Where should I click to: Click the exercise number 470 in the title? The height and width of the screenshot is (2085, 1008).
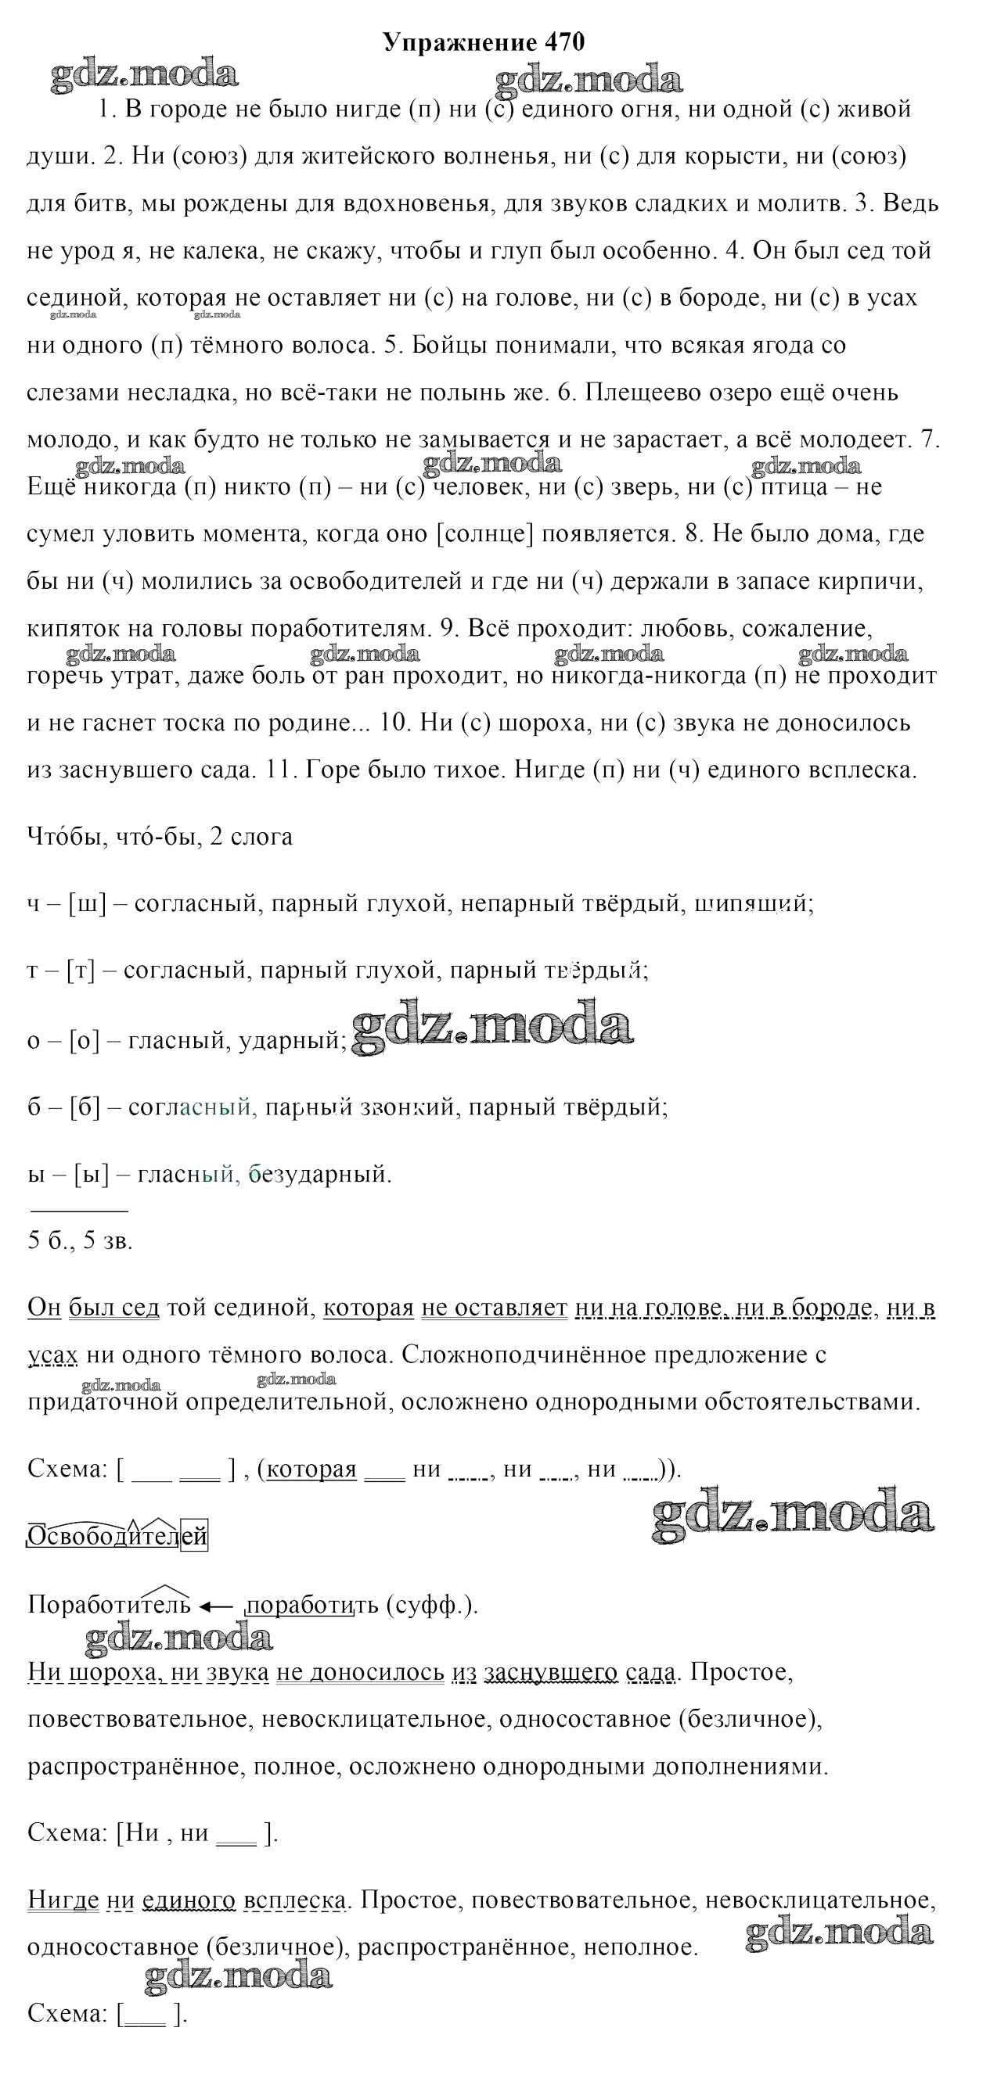click(x=564, y=42)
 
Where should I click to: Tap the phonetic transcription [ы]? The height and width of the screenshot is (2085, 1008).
click(x=91, y=1173)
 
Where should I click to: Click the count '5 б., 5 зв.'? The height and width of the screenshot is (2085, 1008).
click(x=80, y=1240)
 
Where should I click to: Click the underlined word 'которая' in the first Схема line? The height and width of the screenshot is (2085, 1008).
click(x=311, y=1469)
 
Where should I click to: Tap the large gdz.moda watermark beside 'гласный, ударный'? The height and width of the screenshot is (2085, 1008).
click(x=492, y=1026)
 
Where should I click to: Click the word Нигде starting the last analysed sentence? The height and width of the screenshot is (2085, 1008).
click(x=63, y=1899)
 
